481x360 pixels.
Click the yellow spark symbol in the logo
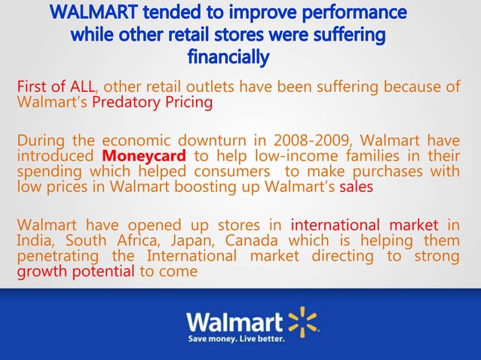coord(304,322)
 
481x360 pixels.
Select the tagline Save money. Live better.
coord(236,340)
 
